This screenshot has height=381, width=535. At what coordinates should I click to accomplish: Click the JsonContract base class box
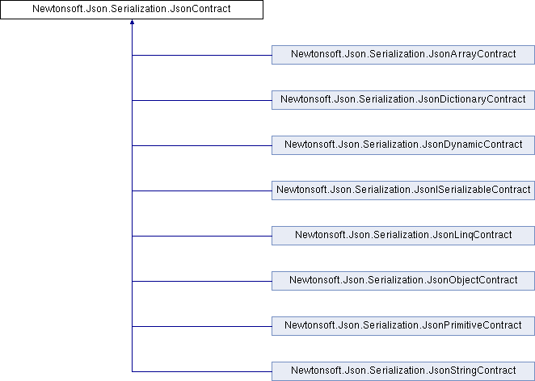pos(132,9)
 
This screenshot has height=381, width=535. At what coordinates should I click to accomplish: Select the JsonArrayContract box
pos(403,55)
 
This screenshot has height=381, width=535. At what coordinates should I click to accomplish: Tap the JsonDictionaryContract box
pos(403,100)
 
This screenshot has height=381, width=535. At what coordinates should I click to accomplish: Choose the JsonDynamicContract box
pos(403,145)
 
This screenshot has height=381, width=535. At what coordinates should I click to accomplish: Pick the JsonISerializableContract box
pos(403,190)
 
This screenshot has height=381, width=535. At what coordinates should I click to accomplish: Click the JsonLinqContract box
pos(403,236)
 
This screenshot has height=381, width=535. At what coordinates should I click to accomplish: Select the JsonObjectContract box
pos(403,281)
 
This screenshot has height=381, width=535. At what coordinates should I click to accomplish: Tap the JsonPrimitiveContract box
pos(403,326)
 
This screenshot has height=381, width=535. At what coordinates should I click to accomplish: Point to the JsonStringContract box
pos(403,371)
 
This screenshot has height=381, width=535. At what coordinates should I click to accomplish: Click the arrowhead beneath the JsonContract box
pos(132,22)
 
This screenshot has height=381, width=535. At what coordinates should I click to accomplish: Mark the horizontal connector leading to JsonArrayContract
pos(202,55)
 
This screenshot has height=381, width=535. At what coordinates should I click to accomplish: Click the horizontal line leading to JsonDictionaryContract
pos(202,101)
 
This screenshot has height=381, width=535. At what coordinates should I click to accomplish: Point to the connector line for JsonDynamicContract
pos(202,145)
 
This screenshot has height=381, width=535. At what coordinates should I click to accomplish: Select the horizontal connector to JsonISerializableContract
pos(202,190)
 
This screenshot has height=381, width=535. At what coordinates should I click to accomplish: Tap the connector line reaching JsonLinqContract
pos(202,236)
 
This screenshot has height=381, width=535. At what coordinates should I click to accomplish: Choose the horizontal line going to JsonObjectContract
pos(202,281)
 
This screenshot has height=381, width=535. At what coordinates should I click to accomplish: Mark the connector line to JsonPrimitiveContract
pos(202,326)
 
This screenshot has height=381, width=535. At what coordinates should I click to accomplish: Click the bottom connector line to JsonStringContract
pos(202,371)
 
